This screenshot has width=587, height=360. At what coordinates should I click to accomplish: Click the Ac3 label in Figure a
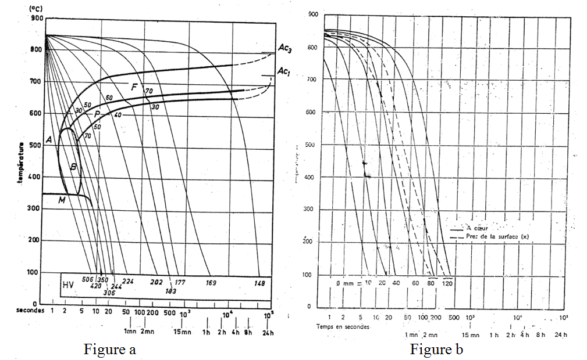(284, 49)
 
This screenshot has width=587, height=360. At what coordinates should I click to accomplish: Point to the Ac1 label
(284, 71)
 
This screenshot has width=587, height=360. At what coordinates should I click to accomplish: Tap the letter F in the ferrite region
(133, 88)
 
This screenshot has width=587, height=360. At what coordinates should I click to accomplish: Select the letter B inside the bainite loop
(73, 167)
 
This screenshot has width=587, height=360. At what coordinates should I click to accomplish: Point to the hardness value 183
(170, 291)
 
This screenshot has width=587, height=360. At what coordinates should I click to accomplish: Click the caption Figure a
(110, 350)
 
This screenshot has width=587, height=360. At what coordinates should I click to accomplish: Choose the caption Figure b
(436, 350)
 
